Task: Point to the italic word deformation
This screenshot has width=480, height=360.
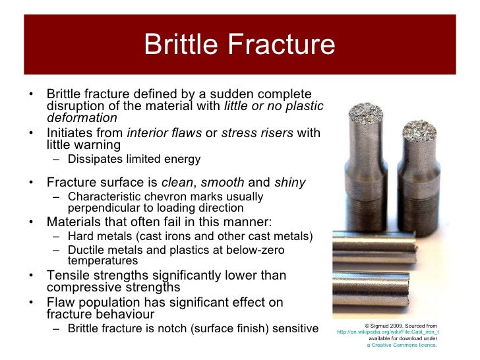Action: (x=82, y=118)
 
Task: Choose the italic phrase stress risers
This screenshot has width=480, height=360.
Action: (x=257, y=133)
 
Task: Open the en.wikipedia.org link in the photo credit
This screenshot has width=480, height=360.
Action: (x=387, y=332)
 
